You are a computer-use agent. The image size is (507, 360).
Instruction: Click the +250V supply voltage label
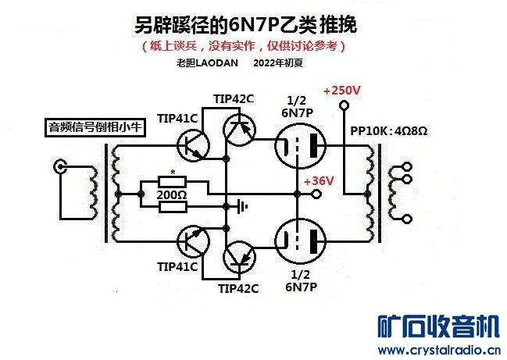point(341,91)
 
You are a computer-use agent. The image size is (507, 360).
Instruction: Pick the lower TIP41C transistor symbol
point(191,238)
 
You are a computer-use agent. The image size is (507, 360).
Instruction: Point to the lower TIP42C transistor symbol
point(237,256)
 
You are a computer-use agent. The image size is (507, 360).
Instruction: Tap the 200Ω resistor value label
point(172,194)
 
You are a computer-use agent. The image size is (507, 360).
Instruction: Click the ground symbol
point(243,206)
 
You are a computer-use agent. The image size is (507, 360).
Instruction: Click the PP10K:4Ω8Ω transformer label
point(388,130)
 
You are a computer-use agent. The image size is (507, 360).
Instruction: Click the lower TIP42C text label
point(238,287)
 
